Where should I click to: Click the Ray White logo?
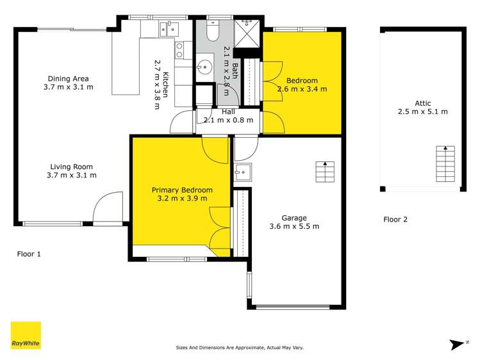[26, 335]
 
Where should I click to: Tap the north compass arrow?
[457, 345]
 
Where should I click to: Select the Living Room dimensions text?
[72, 175]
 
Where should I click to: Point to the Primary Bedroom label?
[181, 190]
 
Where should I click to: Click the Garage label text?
[295, 217]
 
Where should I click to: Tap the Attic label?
[422, 103]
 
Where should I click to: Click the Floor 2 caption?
[395, 220]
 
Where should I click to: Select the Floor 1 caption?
[29, 254]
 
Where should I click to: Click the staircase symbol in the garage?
[325, 171]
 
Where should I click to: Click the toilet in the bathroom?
[213, 33]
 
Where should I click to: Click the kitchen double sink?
[169, 29]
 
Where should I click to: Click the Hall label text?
[228, 111]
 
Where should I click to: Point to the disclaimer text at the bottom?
[240, 347]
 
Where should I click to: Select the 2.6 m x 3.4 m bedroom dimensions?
[302, 89]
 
